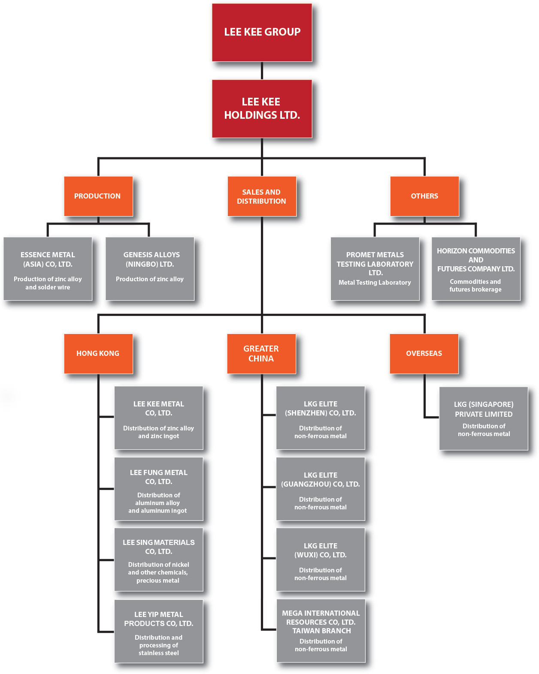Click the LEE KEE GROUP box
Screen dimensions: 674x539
tap(262, 33)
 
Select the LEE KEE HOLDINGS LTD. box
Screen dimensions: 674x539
tap(262, 108)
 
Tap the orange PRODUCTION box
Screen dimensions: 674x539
tap(98, 196)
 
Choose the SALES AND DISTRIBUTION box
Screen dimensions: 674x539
tap(261, 196)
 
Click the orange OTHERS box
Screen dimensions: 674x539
tap(424, 196)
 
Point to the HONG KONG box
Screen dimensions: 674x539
tap(98, 353)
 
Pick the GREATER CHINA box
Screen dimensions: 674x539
tap(261, 353)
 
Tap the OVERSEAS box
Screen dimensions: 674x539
tap(424, 353)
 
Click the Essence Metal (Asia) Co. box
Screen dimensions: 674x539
tap(48, 269)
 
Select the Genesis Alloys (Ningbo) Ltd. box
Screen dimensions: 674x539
tap(150, 269)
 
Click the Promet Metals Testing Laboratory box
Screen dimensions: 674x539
tap(375, 269)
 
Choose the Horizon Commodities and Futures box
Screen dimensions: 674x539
tap(475, 269)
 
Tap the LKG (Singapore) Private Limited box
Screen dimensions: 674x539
tap(483, 418)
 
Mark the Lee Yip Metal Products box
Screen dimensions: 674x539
tap(158, 631)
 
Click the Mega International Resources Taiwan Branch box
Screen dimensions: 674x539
tap(321, 631)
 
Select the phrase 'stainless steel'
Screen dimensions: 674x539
tap(158, 653)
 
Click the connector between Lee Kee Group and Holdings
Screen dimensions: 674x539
tap(262, 71)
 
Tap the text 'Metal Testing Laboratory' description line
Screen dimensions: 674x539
tap(375, 283)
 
